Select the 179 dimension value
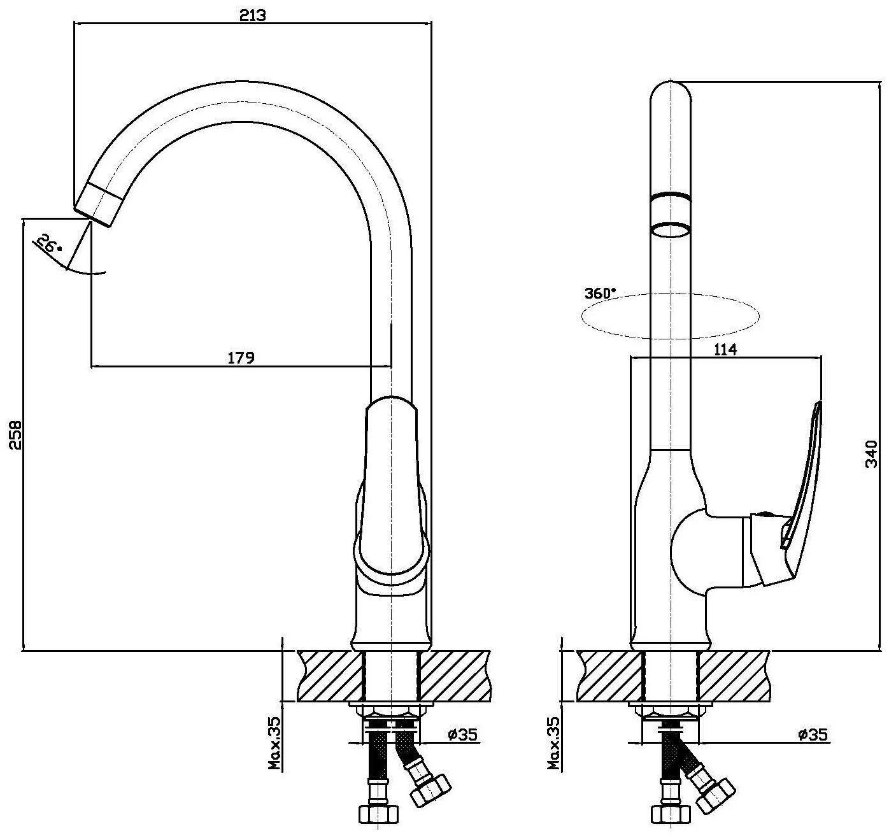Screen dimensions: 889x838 pos(241,358)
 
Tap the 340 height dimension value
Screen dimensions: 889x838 pos(872,454)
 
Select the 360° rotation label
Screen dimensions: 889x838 pos(600,294)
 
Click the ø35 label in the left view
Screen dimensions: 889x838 pos(463,735)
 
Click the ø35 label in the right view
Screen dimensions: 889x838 pos(813,735)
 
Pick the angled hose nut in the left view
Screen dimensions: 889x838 pos(430,790)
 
